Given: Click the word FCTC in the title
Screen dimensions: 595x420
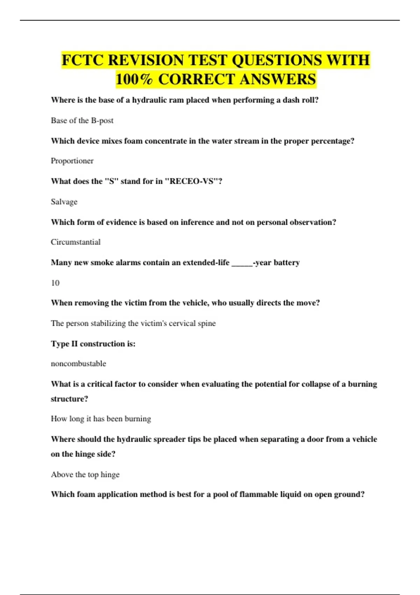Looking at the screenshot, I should click(x=83, y=60).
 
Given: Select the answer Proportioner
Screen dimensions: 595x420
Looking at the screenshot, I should click(x=72, y=161).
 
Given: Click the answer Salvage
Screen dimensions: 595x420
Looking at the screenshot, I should click(x=64, y=202).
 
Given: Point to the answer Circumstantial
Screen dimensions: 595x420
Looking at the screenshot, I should click(x=76, y=242).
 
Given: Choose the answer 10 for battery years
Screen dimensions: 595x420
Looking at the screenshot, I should click(x=55, y=283).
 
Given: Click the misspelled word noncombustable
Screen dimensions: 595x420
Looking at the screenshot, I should click(x=78, y=364).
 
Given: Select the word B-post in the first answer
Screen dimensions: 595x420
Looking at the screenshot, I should click(x=102, y=121).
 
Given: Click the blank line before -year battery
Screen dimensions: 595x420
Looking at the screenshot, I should click(x=242, y=263).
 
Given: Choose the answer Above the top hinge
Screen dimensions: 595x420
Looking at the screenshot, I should click(x=85, y=475).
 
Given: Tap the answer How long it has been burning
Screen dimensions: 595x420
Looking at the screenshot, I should click(x=101, y=419).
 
